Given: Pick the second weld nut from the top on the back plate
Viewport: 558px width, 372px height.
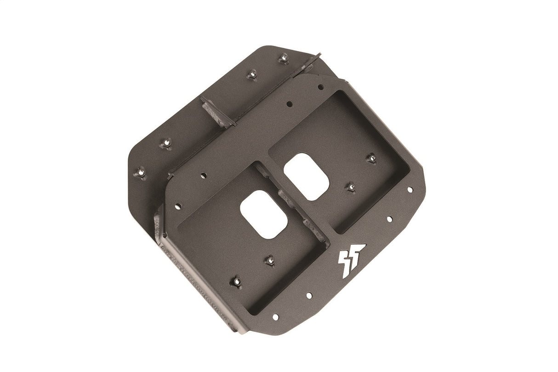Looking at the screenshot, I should pos(252,74).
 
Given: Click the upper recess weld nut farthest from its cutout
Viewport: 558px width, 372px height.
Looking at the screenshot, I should pos(371,158).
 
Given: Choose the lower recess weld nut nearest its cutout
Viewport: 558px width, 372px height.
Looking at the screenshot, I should pos(269,260).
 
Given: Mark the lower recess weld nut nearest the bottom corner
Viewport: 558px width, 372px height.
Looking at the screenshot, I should pos(236,280).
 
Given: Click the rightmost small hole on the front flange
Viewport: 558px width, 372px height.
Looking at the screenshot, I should pos(410,189).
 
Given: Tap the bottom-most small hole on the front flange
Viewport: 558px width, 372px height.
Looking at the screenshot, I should pos(275,317).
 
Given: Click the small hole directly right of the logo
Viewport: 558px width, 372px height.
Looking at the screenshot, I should pos(389,219).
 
